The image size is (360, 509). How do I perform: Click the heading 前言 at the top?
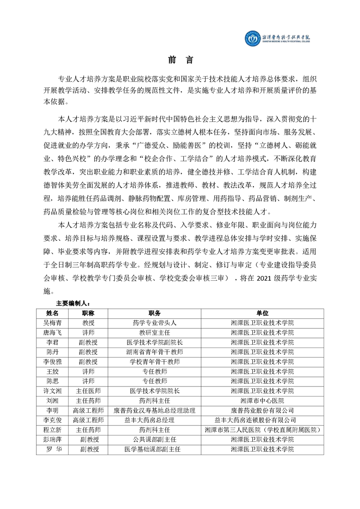click(x=180, y=60)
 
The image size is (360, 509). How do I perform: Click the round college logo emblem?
click(x=251, y=39)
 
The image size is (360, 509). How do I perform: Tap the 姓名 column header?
click(x=53, y=313)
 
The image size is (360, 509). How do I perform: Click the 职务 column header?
click(x=154, y=313)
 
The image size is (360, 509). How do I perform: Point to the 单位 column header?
click(x=262, y=313)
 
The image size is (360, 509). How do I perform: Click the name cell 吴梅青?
click(x=53, y=323)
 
